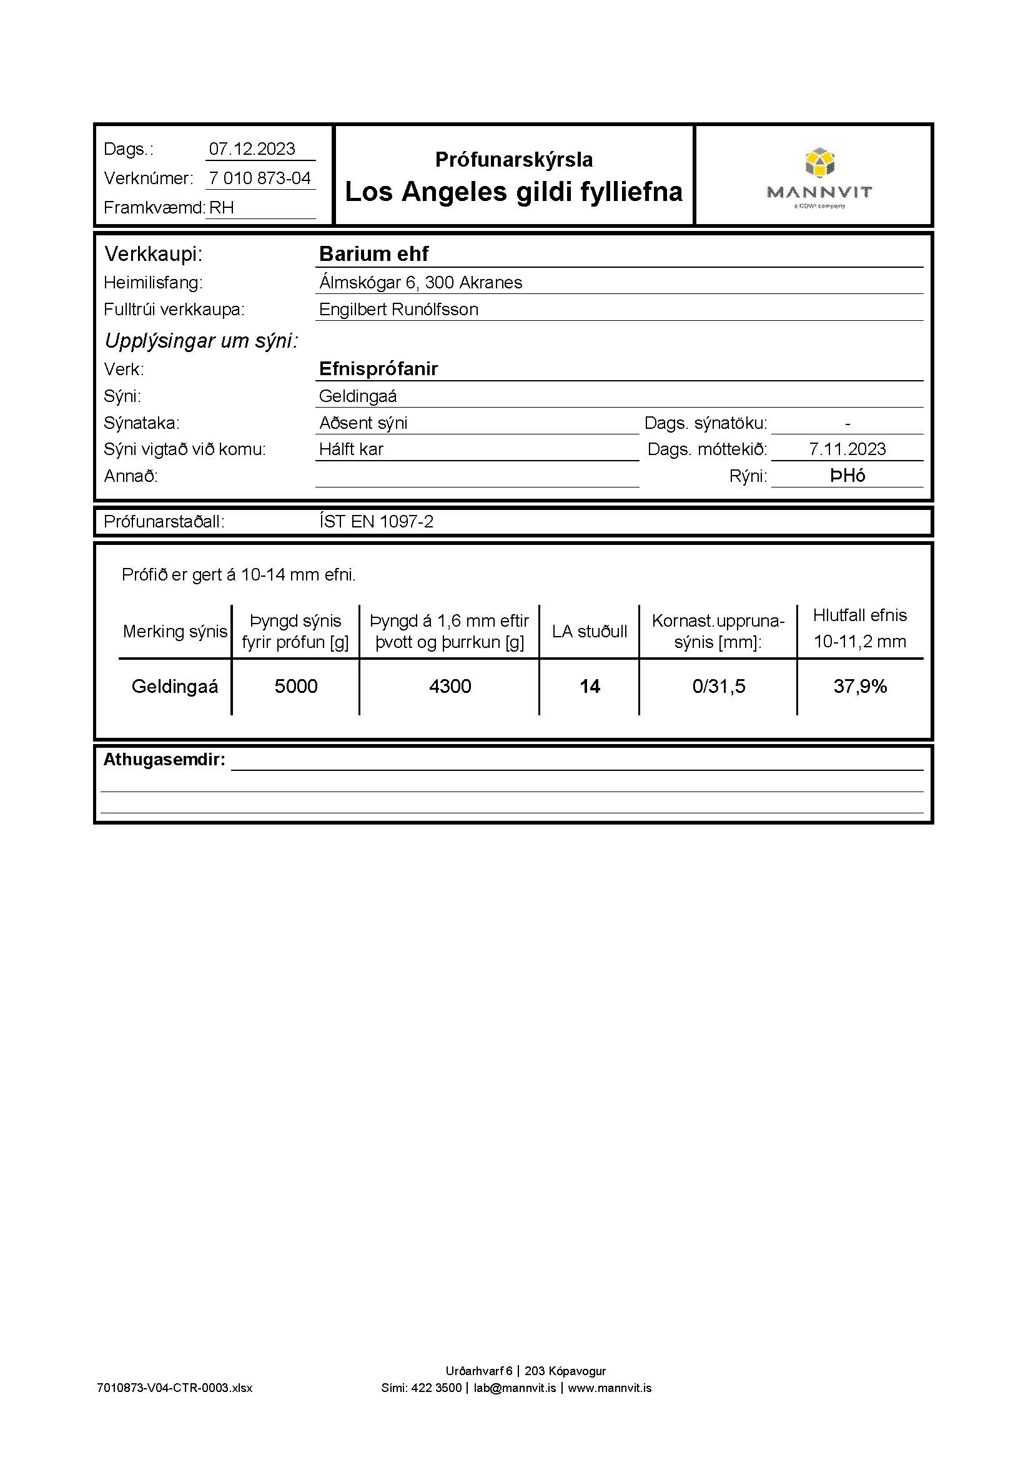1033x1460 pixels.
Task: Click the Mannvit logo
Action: tap(819, 179)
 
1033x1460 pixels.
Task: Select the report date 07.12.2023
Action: tap(252, 149)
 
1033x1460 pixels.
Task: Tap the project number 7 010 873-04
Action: tap(260, 178)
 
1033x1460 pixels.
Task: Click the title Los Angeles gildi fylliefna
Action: tap(513, 192)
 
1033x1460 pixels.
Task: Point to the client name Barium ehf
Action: tap(373, 253)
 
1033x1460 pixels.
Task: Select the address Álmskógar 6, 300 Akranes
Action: tap(420, 282)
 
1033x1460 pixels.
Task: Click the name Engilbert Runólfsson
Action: tap(398, 310)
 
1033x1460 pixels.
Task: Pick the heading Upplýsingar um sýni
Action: tap(201, 341)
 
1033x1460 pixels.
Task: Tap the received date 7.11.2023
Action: tap(848, 449)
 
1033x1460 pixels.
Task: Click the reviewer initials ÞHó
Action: tap(848, 476)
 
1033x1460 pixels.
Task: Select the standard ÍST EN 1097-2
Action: tap(376, 521)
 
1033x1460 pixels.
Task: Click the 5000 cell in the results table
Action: tap(296, 686)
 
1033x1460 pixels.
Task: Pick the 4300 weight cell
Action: tap(450, 686)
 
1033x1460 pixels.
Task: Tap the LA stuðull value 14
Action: tap(590, 686)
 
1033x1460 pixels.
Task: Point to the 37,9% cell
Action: tap(860, 686)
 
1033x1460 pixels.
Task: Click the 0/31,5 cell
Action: tap(719, 686)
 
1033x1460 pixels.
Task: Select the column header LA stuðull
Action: tap(590, 632)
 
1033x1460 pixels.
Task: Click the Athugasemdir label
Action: tap(164, 759)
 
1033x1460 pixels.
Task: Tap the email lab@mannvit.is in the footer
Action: tap(515, 1388)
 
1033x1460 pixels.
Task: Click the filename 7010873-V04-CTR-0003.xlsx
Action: tap(175, 1388)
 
